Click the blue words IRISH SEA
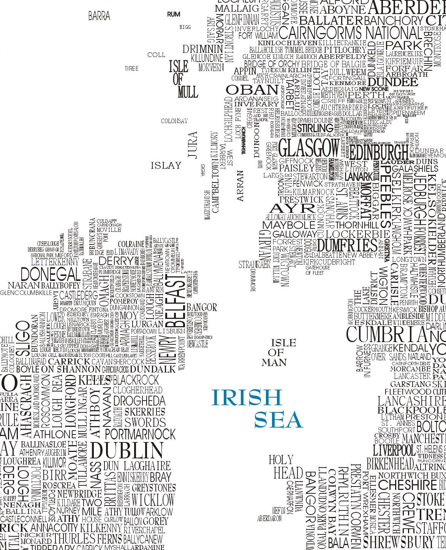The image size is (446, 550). tap(257, 409)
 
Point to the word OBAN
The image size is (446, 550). tap(252, 90)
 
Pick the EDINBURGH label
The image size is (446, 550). tap(378, 152)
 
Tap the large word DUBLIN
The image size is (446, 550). tap(127, 450)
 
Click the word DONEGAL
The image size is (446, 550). tap(51, 274)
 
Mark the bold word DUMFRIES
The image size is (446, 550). tap(347, 245)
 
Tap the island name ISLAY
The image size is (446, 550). tap(166, 166)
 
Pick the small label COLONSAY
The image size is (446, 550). tap(174, 121)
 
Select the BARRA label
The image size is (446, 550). tap(99, 16)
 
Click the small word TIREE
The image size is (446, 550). tap(131, 69)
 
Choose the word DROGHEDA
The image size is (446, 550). tap(139, 401)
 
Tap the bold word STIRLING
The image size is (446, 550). tap(315, 128)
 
